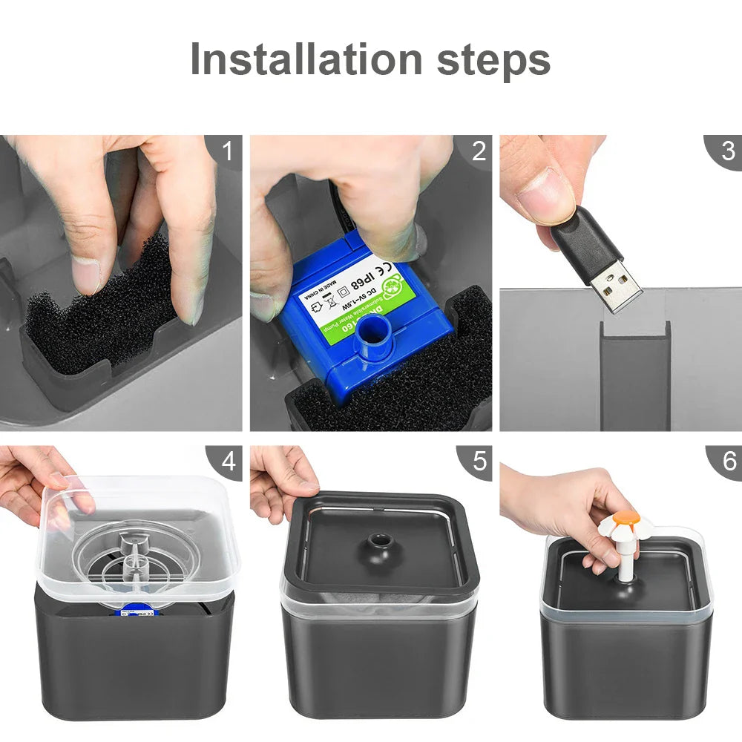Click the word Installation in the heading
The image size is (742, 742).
(306, 59)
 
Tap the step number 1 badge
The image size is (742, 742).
(227, 151)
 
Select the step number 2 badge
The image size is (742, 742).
(479, 151)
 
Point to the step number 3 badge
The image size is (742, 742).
(728, 151)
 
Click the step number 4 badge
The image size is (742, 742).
(227, 462)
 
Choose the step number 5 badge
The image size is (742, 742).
(479, 462)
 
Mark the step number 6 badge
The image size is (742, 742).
(728, 462)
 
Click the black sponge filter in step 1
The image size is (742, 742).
(96, 312)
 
